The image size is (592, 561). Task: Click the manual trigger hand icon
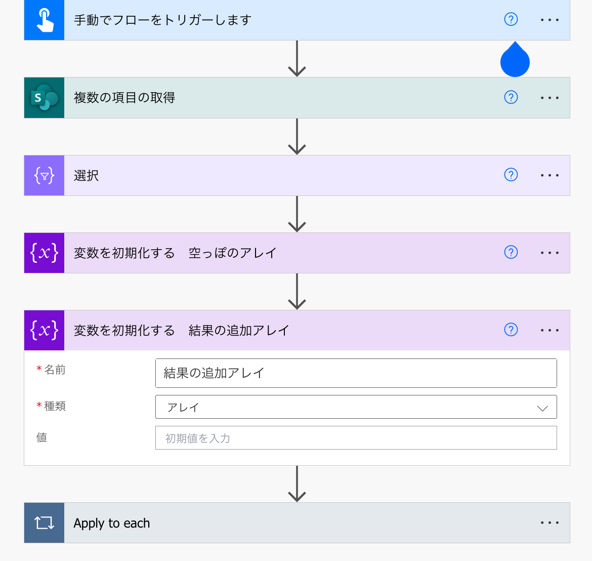pyautogui.click(x=45, y=20)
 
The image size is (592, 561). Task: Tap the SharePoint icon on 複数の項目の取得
pyautogui.click(x=45, y=98)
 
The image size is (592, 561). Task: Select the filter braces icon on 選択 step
pyautogui.click(x=45, y=176)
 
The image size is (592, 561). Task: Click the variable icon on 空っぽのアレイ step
pyautogui.click(x=45, y=253)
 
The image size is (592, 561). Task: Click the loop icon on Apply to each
pyautogui.click(x=45, y=523)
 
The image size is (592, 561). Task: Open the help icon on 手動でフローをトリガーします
pyautogui.click(x=511, y=19)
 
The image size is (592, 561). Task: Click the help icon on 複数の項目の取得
pyautogui.click(x=511, y=97)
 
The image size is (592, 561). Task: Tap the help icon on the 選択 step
pyautogui.click(x=511, y=175)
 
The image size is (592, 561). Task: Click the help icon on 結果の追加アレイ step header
pyautogui.click(x=511, y=330)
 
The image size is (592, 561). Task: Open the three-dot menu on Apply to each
pyautogui.click(x=549, y=523)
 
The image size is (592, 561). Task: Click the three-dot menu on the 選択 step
pyautogui.click(x=549, y=175)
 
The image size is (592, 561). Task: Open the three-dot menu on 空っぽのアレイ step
pyautogui.click(x=549, y=253)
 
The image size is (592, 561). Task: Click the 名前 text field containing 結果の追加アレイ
pyautogui.click(x=356, y=373)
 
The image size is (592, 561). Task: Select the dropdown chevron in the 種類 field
pyautogui.click(x=542, y=408)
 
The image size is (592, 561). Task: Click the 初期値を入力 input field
pyautogui.click(x=356, y=438)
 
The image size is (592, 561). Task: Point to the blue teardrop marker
pyautogui.click(x=515, y=61)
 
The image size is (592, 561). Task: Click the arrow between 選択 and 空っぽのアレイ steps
pyautogui.click(x=297, y=214)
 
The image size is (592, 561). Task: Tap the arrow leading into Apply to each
pyautogui.click(x=297, y=484)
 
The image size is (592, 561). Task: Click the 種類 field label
pyautogui.click(x=55, y=406)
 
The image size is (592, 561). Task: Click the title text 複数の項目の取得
pyautogui.click(x=124, y=98)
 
